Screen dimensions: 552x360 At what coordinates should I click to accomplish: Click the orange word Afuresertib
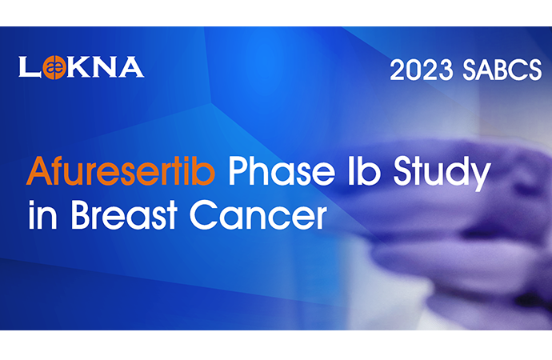(121, 171)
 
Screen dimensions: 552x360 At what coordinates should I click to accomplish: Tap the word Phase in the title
(282, 171)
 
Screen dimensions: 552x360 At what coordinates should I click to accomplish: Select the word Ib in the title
(364, 171)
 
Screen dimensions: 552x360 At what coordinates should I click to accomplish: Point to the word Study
(442, 174)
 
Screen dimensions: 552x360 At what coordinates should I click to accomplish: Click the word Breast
(124, 214)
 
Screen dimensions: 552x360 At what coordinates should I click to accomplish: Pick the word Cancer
(258, 214)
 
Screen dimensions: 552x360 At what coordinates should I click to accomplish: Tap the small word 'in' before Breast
(42, 214)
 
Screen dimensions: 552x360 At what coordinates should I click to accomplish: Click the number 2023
(422, 70)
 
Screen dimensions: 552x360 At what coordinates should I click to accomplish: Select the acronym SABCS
(502, 70)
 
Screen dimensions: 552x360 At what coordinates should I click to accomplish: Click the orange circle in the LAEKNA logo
(54, 67)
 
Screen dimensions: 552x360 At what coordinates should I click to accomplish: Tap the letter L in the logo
(29, 67)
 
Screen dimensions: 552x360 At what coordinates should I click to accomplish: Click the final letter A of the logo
(131, 67)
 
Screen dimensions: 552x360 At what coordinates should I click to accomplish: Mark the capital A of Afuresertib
(40, 170)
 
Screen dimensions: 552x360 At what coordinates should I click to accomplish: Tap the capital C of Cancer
(204, 214)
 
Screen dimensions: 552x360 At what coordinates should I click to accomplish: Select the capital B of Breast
(82, 214)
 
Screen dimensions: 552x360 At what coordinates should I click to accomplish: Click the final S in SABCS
(534, 70)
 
